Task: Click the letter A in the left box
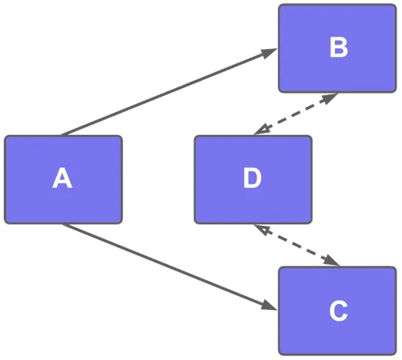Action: click(x=62, y=179)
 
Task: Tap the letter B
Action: click(x=338, y=48)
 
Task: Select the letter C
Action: click(x=338, y=311)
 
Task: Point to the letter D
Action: click(x=252, y=179)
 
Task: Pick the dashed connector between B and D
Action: click(x=295, y=114)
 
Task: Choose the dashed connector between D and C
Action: click(x=297, y=245)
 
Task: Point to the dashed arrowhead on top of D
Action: click(x=261, y=129)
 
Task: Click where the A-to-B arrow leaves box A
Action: click(x=64, y=135)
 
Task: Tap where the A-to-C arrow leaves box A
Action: click(x=64, y=225)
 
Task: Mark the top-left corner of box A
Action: click(x=6, y=136)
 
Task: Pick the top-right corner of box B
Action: click(x=394, y=5)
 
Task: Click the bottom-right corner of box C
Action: click(x=394, y=353)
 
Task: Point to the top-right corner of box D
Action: click(x=310, y=136)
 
